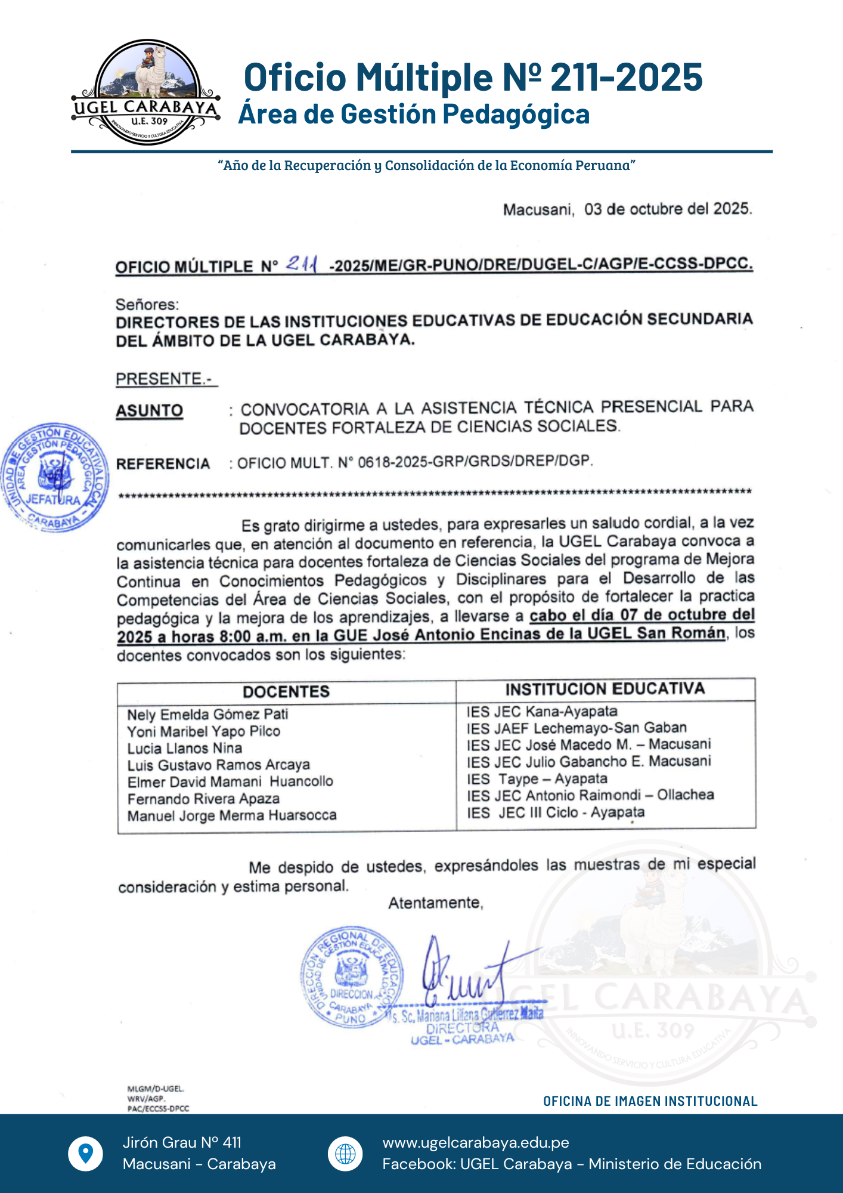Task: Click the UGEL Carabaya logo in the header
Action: click(x=146, y=92)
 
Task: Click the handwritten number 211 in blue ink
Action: click(x=302, y=264)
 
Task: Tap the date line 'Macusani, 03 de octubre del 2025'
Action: click(x=627, y=209)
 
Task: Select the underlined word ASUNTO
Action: click(x=149, y=411)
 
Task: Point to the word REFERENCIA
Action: click(x=163, y=464)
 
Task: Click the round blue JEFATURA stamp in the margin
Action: click(x=55, y=477)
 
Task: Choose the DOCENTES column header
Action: click(x=286, y=691)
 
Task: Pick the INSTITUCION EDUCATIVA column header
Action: click(x=605, y=689)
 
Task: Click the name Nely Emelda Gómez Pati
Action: click(x=207, y=715)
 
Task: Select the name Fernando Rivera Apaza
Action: click(x=203, y=799)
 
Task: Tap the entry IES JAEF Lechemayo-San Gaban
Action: click(x=577, y=728)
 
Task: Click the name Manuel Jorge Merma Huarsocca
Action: click(x=232, y=815)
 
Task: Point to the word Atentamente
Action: click(x=435, y=903)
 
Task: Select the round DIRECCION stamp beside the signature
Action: click(x=352, y=976)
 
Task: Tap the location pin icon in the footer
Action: click(x=86, y=1153)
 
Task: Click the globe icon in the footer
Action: click(x=345, y=1154)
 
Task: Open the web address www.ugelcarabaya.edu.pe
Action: click(x=476, y=1142)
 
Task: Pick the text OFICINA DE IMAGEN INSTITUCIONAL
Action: click(x=650, y=1101)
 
